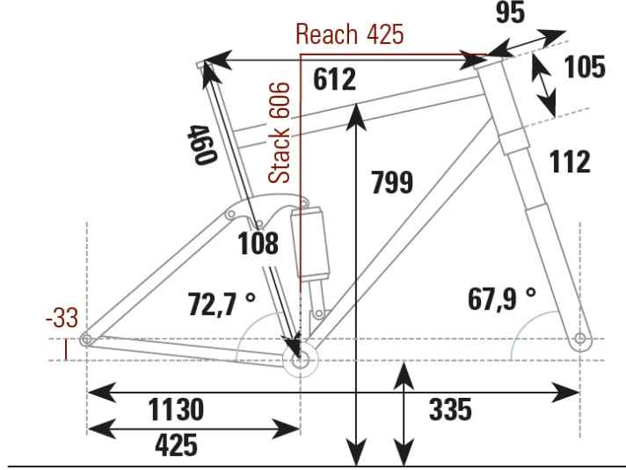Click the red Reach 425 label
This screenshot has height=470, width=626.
point(350,34)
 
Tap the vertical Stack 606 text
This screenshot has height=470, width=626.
point(279,133)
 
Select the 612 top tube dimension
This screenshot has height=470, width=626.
point(334,79)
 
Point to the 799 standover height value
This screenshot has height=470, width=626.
point(392,182)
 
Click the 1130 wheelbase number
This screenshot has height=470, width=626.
point(176,409)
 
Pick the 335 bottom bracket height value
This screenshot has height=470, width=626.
point(450,409)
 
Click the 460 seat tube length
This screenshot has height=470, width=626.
point(202,144)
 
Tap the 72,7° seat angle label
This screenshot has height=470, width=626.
point(222,304)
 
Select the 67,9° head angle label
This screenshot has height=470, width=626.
point(502,298)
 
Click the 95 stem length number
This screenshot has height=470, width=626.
point(510,12)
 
